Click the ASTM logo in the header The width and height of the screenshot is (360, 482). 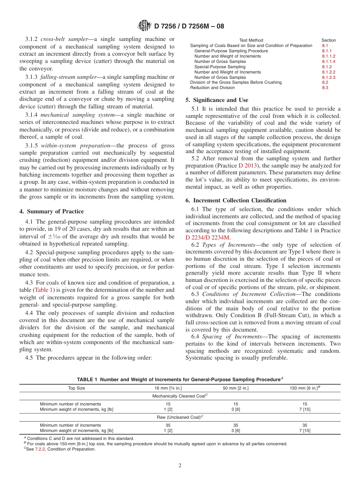[x=144, y=26]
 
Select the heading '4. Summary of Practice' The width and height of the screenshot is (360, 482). [x=52, y=211]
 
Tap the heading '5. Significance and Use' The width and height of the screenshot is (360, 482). [x=217, y=100]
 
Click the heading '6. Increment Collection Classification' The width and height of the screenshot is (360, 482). [x=236, y=200]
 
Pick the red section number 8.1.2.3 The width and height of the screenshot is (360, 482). [x=329, y=77]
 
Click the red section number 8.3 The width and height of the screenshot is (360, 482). [x=325, y=88]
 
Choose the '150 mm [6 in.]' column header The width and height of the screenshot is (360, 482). [x=304, y=388]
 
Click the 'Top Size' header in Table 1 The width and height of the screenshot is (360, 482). [x=77, y=388]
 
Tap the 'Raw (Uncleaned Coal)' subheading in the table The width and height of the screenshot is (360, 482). [x=180, y=417]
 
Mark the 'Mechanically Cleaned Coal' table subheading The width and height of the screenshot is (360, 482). [x=180, y=396]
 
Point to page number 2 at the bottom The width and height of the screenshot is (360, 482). [x=180, y=466]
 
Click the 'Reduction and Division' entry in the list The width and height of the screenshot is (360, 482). [x=212, y=88]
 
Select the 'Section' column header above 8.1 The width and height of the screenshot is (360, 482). [x=329, y=40]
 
